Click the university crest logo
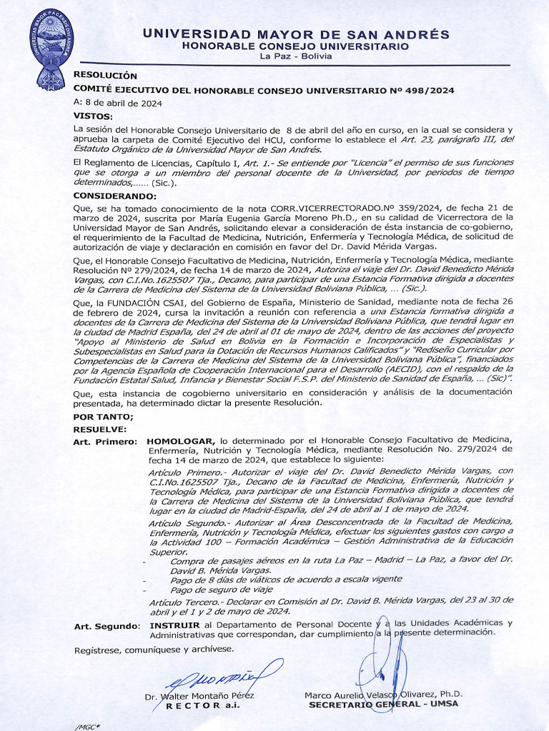[51, 51]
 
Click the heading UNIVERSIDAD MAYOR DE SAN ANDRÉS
[296, 34]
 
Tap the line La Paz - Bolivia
[296, 56]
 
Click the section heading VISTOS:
[94, 116]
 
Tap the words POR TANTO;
[103, 417]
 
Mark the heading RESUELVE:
[100, 429]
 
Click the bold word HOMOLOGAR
[180, 441]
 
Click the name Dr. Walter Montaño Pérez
[199, 696]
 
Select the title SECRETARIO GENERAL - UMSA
[383, 704]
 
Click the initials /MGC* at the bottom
[87, 726]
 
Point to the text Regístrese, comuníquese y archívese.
[154, 650]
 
